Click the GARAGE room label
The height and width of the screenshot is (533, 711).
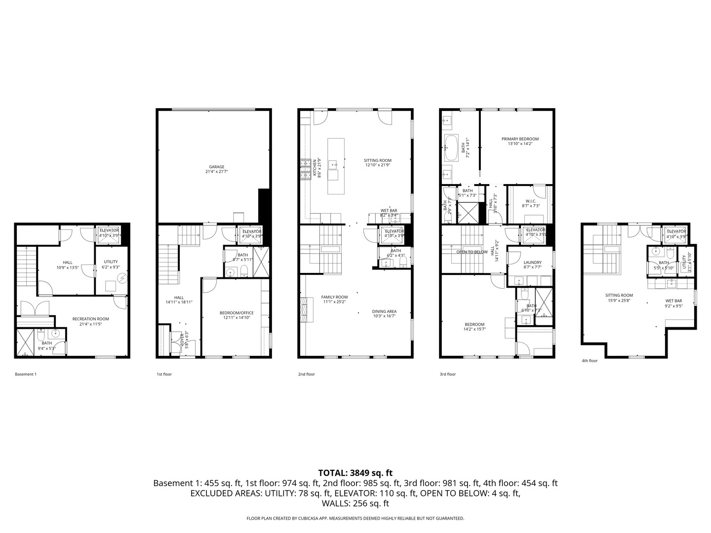pos(216,167)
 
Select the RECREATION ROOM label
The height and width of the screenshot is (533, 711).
pos(90,319)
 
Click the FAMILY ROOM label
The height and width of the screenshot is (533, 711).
pos(334,297)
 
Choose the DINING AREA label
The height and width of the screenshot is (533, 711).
pos(384,311)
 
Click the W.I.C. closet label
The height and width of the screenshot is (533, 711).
pos(531,201)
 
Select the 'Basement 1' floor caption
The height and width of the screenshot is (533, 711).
pos(26,374)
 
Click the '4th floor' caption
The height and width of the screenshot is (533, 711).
pos(590,361)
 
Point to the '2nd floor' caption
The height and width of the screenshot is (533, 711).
pos(306,374)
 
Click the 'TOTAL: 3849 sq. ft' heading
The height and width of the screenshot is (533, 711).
pos(355,473)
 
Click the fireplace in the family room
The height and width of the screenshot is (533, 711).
pos(303,309)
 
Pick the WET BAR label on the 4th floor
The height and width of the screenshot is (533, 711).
pos(673,301)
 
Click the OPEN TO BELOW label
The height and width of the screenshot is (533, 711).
pos(472,252)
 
